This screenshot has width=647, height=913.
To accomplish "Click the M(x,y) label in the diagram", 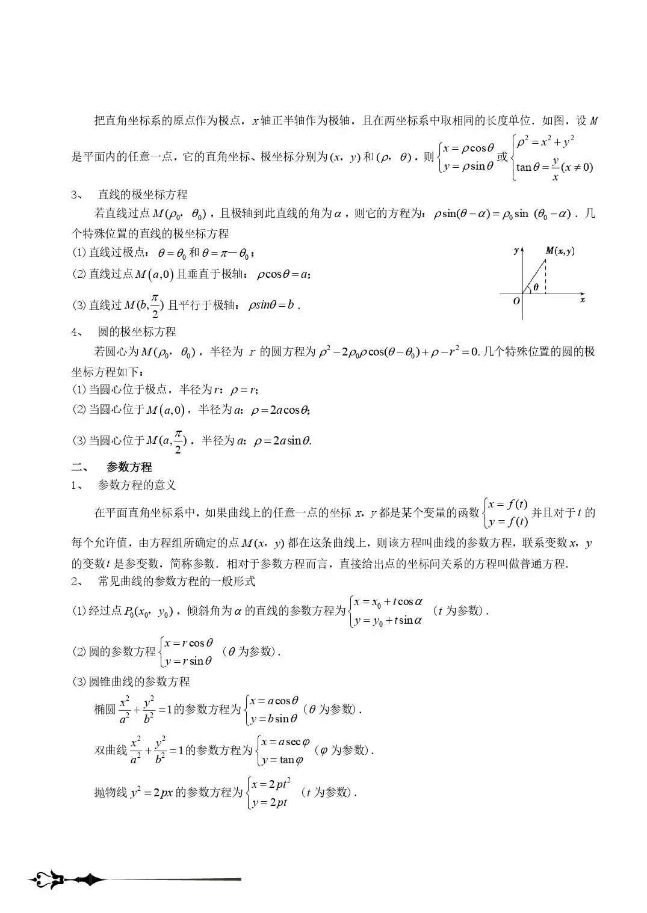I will tap(560, 251).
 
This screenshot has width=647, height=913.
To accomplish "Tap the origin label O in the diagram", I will tap(516, 301).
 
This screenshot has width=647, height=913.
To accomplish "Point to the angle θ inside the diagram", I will tap(536, 287).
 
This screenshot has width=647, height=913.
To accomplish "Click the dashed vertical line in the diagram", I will tap(546, 277).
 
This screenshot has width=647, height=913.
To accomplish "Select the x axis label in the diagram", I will tap(583, 300).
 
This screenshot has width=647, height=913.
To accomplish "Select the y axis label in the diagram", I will tap(516, 250).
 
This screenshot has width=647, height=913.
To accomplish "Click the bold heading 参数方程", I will tap(129, 467).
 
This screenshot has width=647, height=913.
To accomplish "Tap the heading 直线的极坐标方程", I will tap(143, 194).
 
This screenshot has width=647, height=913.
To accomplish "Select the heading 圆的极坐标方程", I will tap(137, 331).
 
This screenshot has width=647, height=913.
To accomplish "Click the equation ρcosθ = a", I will tap(283, 274).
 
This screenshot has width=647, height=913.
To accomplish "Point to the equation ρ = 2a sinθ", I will tap(282, 441).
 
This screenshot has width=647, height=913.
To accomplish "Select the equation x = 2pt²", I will tap(271, 784).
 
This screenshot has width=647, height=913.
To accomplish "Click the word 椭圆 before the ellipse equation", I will tap(105, 709).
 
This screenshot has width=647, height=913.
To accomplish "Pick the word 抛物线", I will tap(110, 792).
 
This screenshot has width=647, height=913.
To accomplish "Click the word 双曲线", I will tap(110, 750).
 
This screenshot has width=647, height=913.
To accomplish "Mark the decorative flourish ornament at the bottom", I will tap(66, 880).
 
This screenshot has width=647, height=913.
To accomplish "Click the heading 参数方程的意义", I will tap(137, 485).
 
